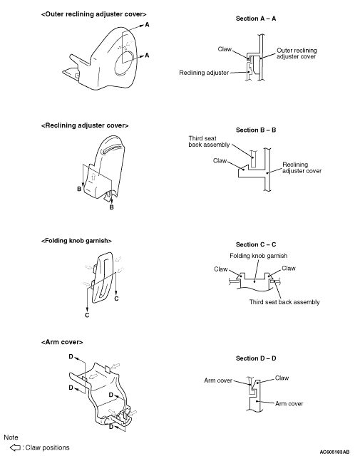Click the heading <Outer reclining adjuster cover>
coord(93,14)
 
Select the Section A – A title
coord(256,19)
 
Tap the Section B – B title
coord(256,130)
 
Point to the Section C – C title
coord(256,244)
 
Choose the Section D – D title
coord(256,358)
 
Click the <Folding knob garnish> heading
coord(76,241)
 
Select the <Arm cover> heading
coord(62,342)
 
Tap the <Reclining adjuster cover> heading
coord(85,125)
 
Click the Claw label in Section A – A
coord(225,49)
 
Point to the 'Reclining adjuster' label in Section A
coord(204,73)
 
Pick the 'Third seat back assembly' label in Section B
coord(209,142)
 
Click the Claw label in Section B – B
coord(220,161)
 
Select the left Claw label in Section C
coord(221,269)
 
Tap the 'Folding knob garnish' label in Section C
coord(259,256)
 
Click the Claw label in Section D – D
coord(282,378)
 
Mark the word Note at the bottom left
coord(11,437)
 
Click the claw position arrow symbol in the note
coord(15,447)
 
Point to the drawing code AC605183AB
coord(334,452)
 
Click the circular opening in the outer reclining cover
coord(125,63)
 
